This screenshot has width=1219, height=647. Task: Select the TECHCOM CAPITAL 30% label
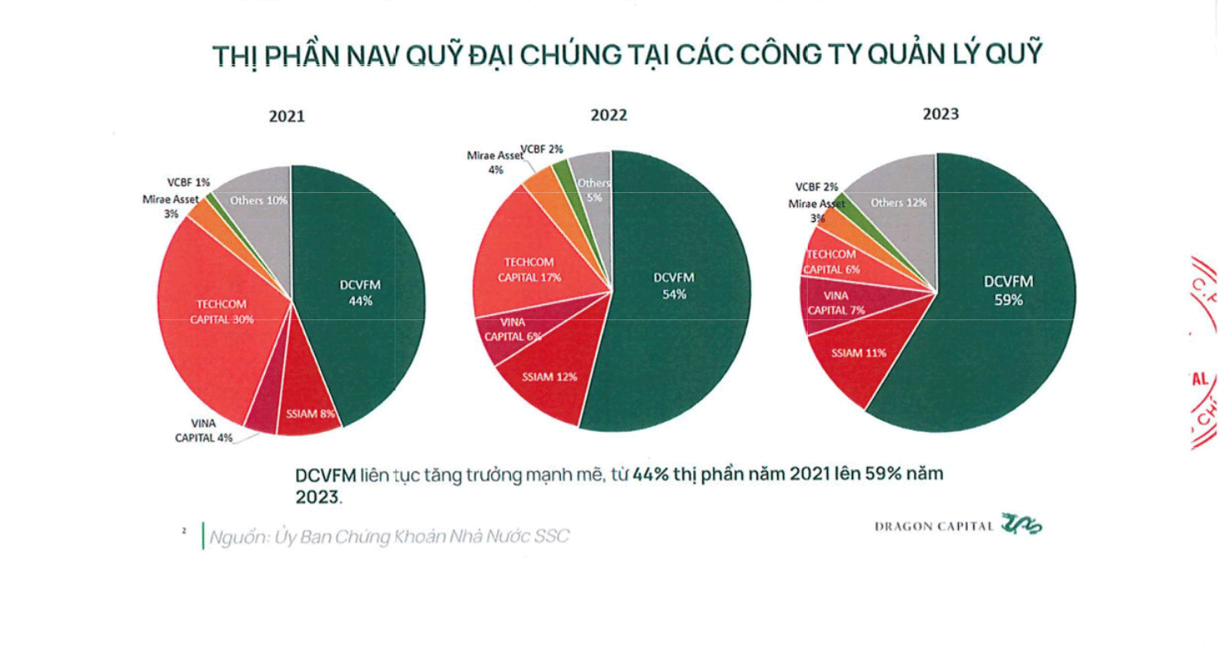tap(221, 312)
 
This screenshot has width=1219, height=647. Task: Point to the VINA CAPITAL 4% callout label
tap(204, 430)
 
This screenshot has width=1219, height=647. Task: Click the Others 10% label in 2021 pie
tap(259, 200)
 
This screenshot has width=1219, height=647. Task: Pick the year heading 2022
tap(609, 116)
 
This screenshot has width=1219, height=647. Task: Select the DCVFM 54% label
tap(674, 285)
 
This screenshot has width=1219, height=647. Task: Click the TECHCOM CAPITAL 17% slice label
tap(530, 269)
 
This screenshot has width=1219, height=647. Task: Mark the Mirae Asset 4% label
tap(495, 162)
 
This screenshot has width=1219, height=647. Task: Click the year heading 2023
tap(940, 114)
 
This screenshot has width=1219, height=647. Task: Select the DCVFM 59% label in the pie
tap(1008, 290)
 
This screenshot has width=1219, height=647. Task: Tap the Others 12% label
tap(898, 202)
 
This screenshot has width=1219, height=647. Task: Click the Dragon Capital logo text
tap(934, 526)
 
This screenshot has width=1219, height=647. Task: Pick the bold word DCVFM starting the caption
tap(327, 476)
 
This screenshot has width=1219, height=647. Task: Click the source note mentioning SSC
tap(389, 536)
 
